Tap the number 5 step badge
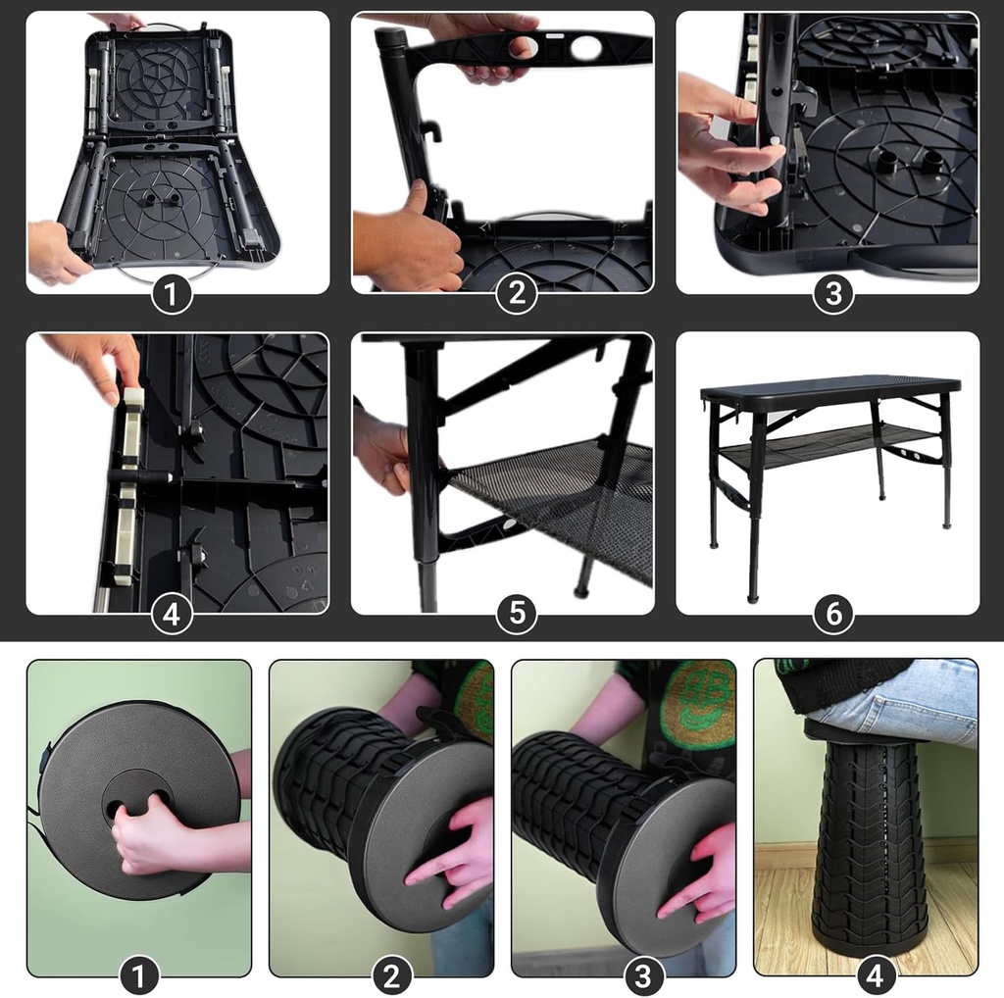coord(517,614)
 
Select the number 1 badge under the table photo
coord(172,295)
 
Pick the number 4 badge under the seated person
coord(875,976)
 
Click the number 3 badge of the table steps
coord(832,295)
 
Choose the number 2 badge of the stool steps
coord(391,976)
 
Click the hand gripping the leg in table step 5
coord(382,451)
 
